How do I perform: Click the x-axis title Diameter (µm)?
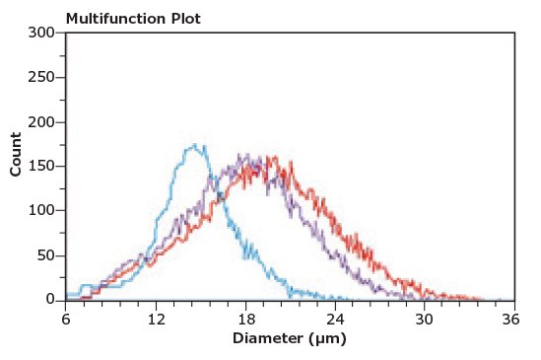(290, 338)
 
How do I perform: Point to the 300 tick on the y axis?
(40, 33)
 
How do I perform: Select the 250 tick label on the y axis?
(40, 77)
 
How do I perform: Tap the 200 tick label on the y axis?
(40, 121)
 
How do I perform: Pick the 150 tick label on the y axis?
(40, 166)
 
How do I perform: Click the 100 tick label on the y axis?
(40, 210)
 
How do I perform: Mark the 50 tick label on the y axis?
(44, 254)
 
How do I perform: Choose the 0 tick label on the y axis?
(49, 297)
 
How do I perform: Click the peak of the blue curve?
(197, 146)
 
